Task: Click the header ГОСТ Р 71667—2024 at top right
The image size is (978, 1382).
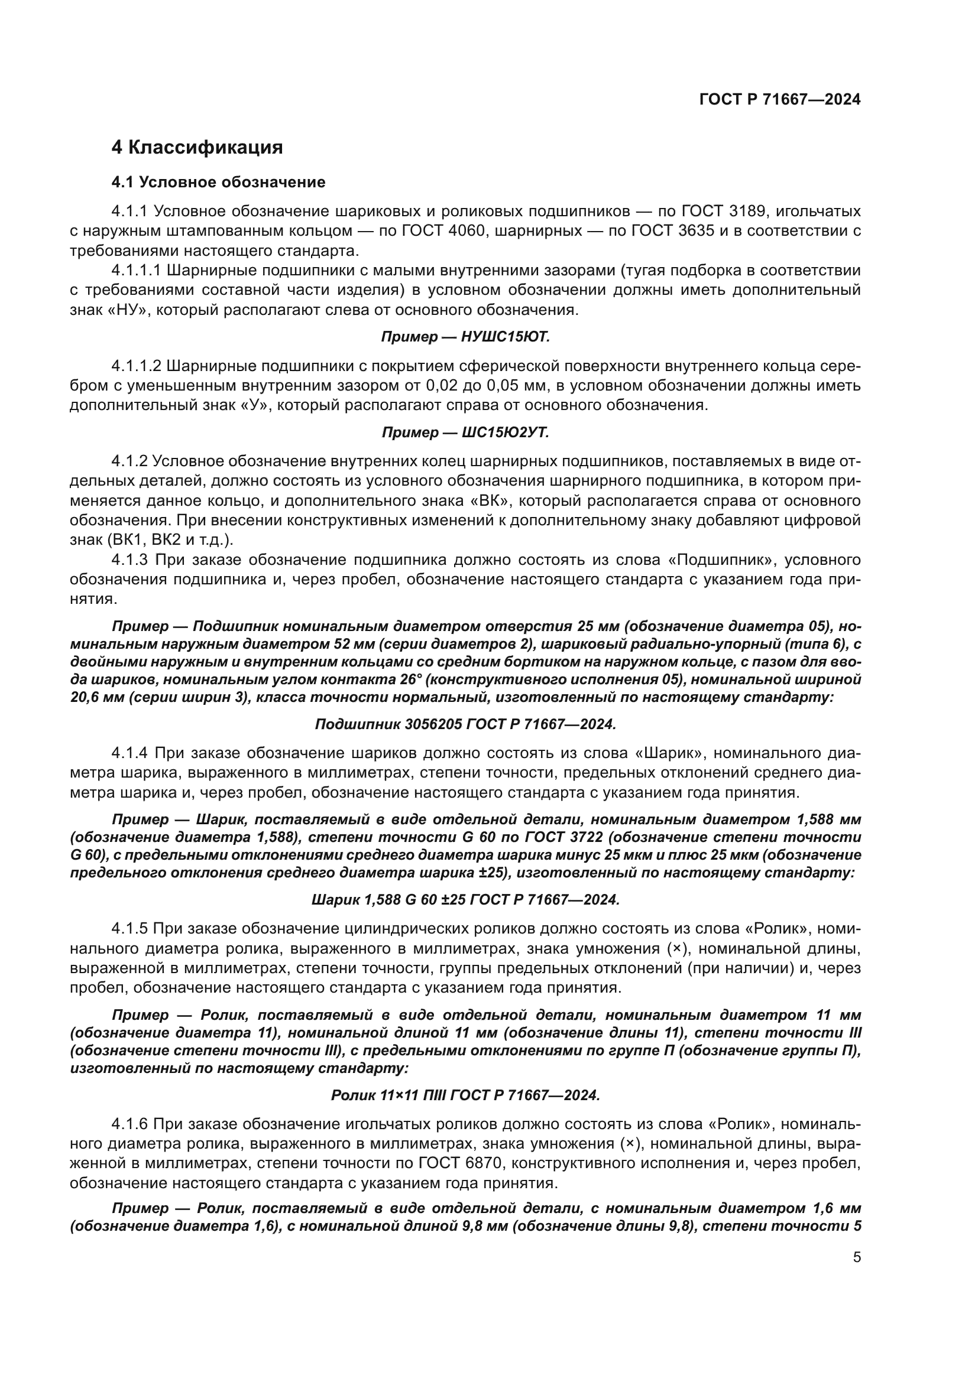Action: [x=780, y=100]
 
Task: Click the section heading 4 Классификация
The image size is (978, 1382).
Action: [x=197, y=148]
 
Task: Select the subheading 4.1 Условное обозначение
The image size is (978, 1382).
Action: [x=219, y=182]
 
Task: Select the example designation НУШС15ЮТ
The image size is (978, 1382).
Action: [x=505, y=337]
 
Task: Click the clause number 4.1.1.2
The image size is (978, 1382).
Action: [x=137, y=366]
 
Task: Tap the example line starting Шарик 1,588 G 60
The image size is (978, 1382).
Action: [x=465, y=900]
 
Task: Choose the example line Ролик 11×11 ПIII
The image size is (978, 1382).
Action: [x=465, y=1095]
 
